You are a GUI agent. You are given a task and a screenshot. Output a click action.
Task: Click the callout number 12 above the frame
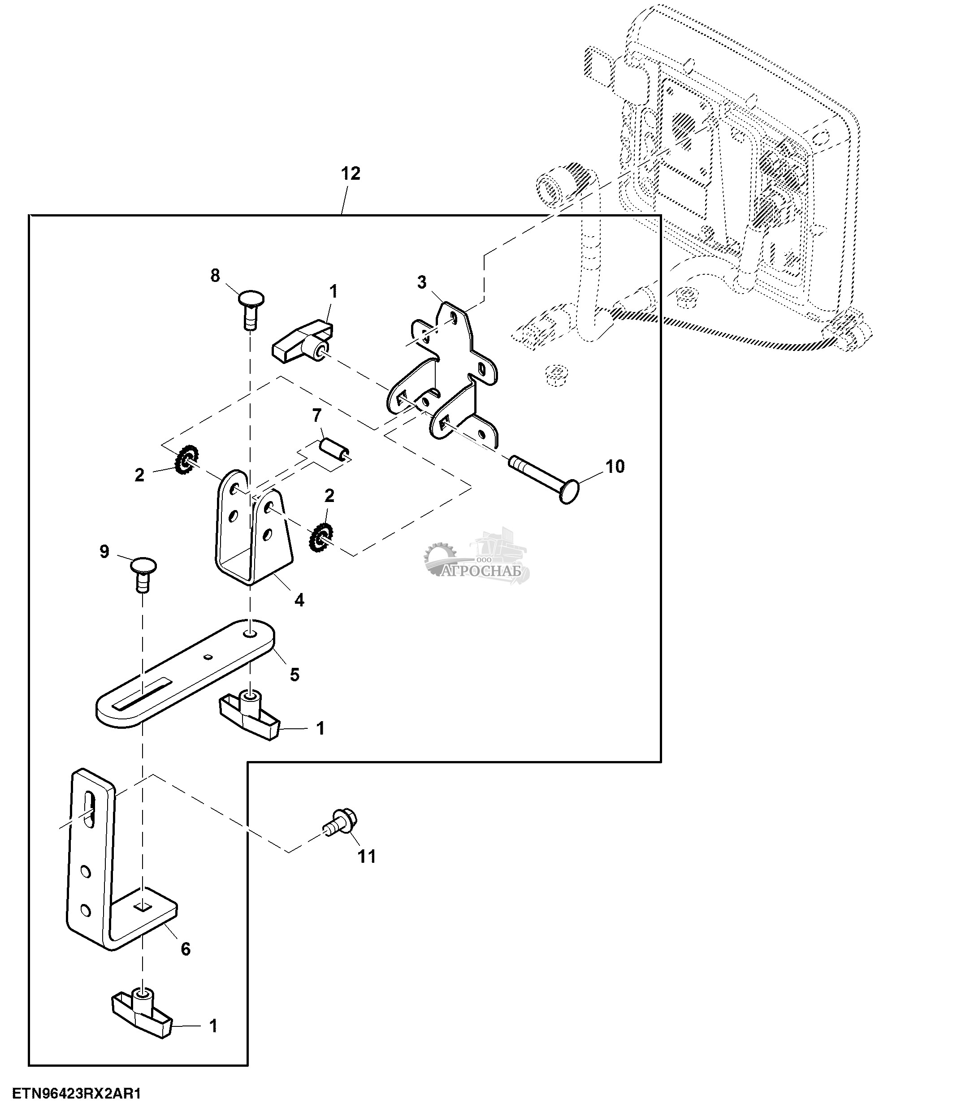point(351,174)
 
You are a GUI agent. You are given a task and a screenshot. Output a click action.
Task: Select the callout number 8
point(215,275)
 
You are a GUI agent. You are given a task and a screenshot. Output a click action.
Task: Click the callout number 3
point(422,282)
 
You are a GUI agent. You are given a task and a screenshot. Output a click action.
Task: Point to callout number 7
point(316,415)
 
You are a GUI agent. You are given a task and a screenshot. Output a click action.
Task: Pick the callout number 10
point(615,467)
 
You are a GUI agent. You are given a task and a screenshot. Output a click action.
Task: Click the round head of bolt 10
point(570,491)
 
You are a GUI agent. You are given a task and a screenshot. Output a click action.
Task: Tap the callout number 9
point(104,551)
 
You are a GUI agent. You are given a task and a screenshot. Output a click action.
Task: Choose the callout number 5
point(294,675)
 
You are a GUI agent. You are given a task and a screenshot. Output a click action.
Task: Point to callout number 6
point(185,949)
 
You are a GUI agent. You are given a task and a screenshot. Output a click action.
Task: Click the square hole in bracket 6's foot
point(142,906)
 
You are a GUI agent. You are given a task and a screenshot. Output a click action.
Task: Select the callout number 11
point(367,856)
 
